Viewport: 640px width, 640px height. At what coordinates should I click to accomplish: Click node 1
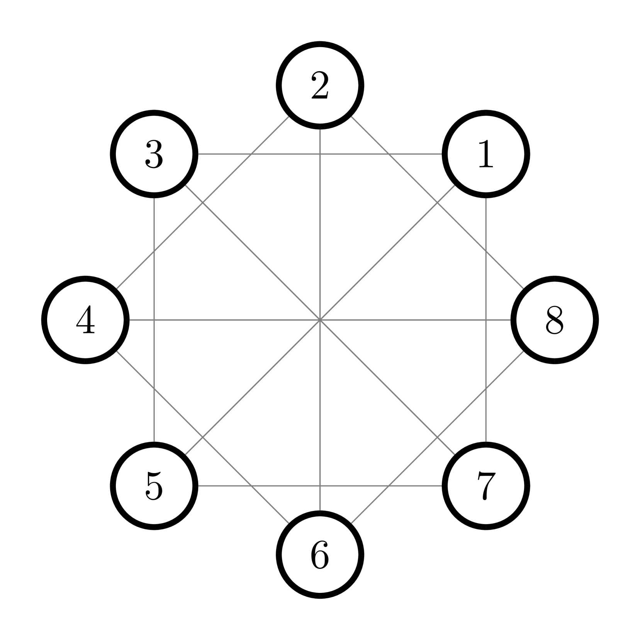486,154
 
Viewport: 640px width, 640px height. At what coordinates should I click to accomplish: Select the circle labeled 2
320,85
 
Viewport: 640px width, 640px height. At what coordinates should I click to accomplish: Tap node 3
154,154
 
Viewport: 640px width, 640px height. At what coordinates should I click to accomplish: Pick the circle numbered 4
85,320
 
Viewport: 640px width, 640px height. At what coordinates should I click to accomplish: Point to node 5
154,486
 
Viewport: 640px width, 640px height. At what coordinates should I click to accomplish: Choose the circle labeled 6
320,554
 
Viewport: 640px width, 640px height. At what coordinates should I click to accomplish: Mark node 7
486,486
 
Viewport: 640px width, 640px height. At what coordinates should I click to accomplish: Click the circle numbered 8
554,320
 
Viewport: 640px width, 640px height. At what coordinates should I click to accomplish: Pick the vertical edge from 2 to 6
320,232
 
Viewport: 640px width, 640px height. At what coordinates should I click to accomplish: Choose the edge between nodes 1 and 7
486,270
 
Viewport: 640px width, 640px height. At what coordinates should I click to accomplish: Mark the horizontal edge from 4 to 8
232,320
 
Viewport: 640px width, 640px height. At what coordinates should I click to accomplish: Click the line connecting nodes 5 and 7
270,486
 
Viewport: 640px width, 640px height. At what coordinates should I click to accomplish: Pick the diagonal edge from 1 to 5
386,253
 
